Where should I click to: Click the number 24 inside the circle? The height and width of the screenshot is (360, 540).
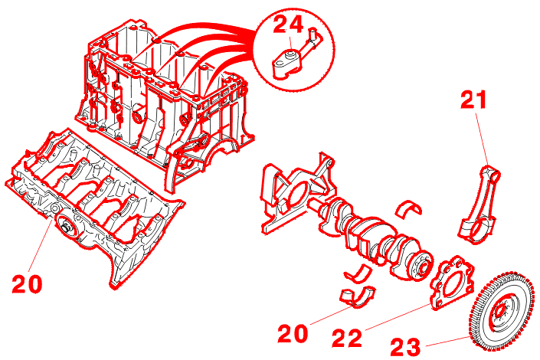pyautogui.click(x=288, y=25)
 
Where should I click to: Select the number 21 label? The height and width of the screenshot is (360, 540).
pyautogui.click(x=474, y=100)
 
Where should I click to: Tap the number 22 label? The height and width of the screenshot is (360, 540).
pyautogui.click(x=347, y=338)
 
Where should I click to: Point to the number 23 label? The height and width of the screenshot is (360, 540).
pyautogui.click(x=405, y=347)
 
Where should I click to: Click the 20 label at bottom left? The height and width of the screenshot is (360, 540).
pyautogui.click(x=27, y=284)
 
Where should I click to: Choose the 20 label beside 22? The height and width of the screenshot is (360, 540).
pyautogui.click(x=293, y=333)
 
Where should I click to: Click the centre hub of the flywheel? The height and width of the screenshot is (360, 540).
pyautogui.click(x=499, y=313)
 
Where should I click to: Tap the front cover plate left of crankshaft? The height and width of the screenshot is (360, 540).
pyautogui.click(x=297, y=194)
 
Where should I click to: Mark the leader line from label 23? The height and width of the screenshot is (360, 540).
pyautogui.click(x=447, y=341)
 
